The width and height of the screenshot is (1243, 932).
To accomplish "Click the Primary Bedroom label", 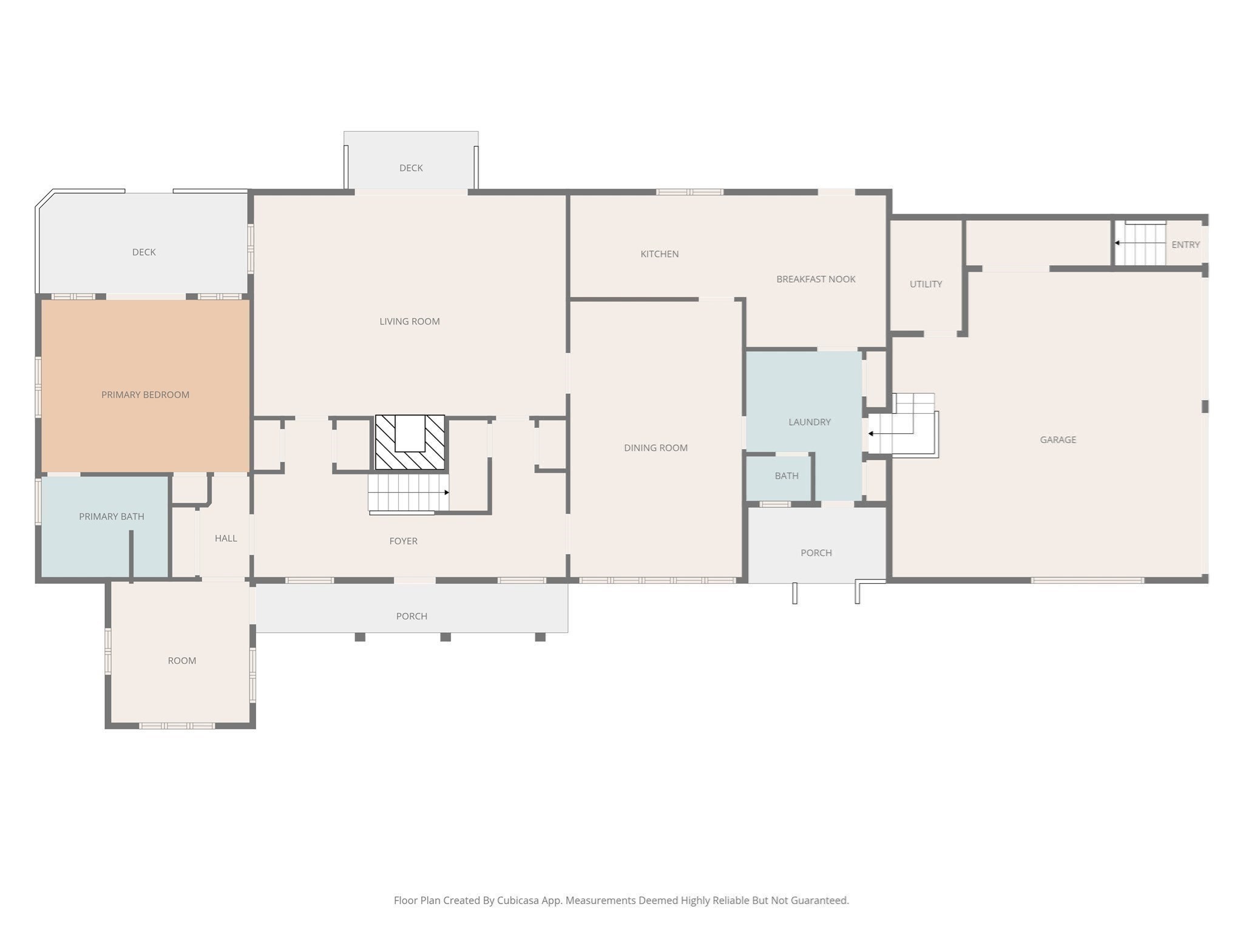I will point(145,395).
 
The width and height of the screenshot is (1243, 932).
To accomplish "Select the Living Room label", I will point(410,322).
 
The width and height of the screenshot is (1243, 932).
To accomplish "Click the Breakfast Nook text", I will point(816,279).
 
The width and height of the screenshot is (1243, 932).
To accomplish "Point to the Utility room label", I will point(926,284).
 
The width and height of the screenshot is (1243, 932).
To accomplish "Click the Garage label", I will point(1058,440).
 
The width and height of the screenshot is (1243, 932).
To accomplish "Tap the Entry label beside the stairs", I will point(1185,245).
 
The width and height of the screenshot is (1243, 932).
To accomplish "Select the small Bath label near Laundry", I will point(787,476).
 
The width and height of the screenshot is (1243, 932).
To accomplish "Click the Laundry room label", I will point(809,422).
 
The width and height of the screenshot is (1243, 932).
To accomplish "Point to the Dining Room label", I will point(655,448).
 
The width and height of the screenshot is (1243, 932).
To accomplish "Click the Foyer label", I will point(403,541).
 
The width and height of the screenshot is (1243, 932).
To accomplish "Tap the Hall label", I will point(226,538).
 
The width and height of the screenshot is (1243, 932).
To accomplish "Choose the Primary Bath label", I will point(112,516).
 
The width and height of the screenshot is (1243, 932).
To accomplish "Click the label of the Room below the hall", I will point(181,661).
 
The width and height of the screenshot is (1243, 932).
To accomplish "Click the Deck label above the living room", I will point(411,168).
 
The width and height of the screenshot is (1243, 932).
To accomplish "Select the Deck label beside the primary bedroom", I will point(144,252).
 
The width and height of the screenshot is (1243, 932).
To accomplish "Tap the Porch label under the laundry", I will point(816,553).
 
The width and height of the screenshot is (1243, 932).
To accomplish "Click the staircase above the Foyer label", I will point(408,492).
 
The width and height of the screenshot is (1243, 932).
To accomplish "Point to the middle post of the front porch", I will point(445,637).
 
